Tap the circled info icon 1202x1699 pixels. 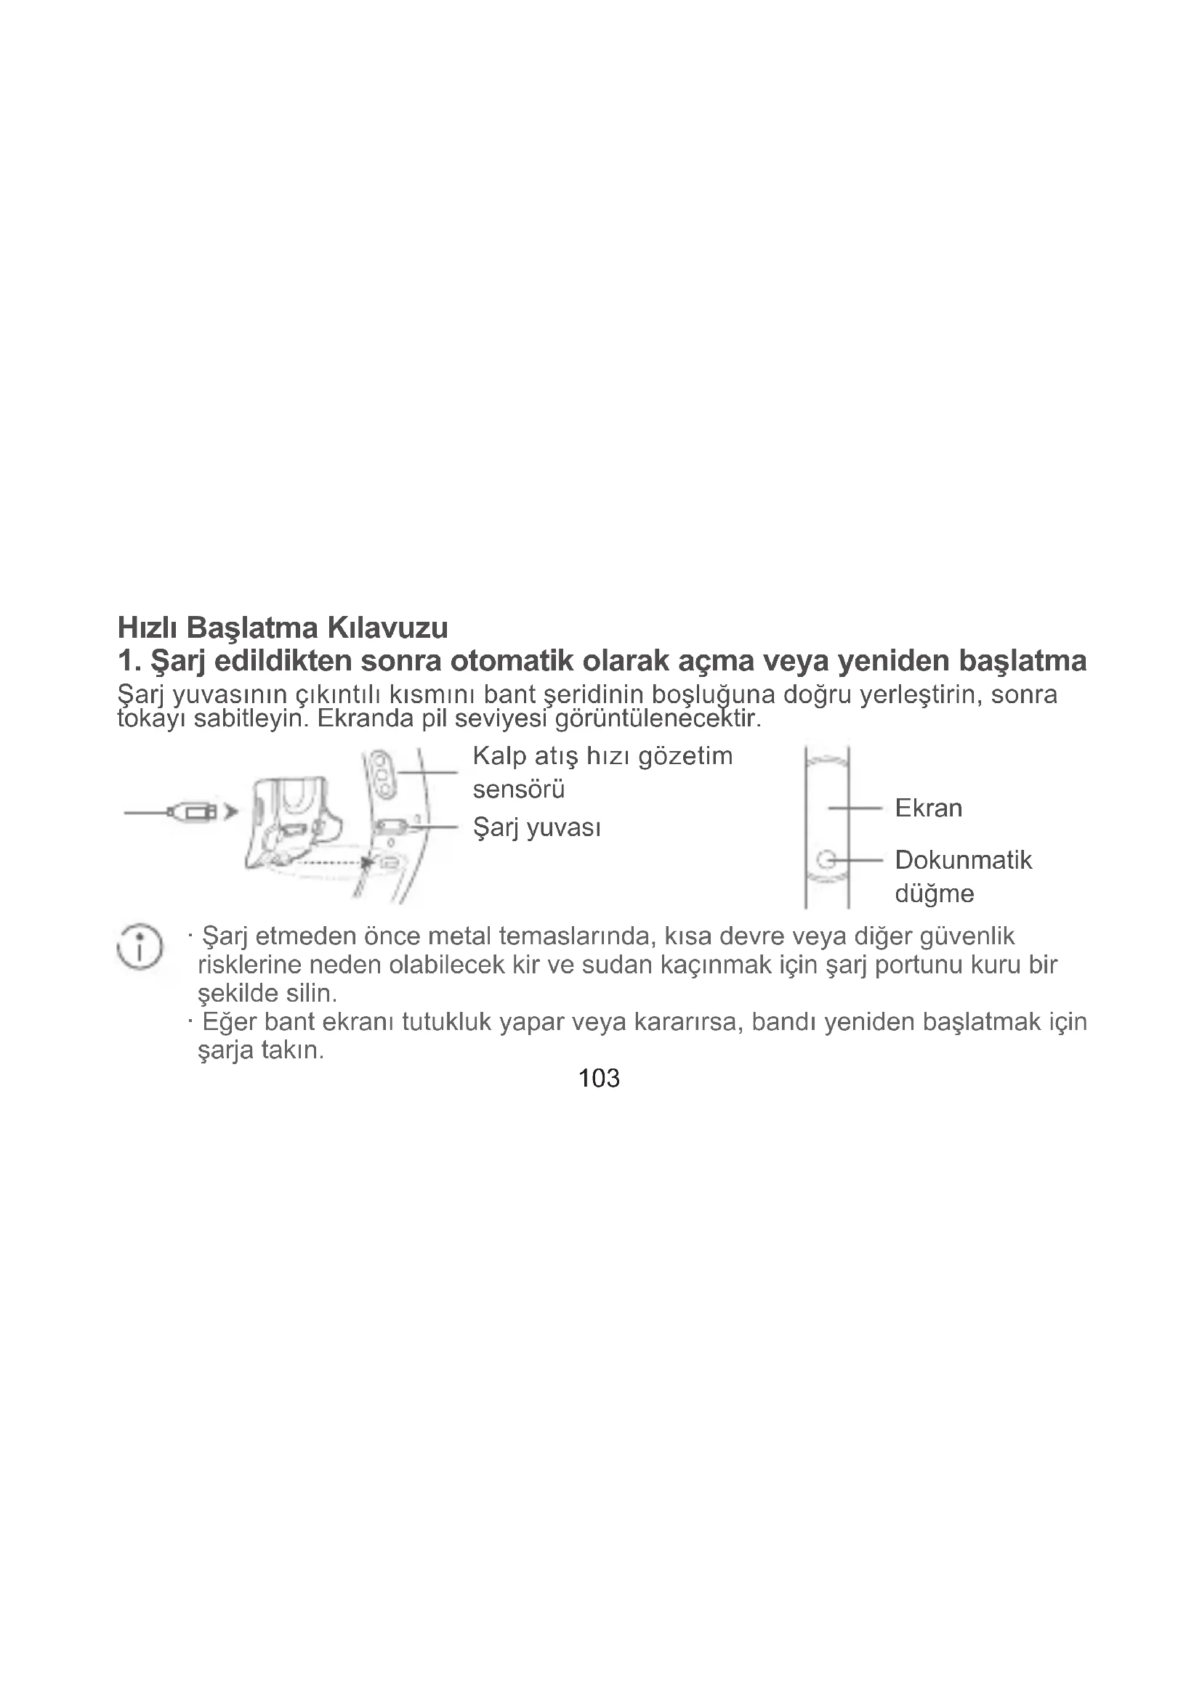[x=139, y=947]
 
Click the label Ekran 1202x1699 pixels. [x=928, y=808]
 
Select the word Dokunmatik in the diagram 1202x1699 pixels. [x=963, y=860]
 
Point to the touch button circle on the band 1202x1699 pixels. [x=827, y=860]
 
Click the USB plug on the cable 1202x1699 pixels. [x=194, y=812]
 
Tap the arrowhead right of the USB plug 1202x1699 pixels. [x=232, y=812]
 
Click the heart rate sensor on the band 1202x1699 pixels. [x=384, y=774]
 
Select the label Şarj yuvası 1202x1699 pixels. [x=536, y=827]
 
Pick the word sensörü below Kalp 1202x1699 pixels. [x=518, y=790]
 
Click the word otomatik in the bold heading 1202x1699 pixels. [x=511, y=660]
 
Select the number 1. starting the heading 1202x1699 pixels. [x=129, y=660]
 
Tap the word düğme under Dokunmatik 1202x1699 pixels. [x=934, y=894]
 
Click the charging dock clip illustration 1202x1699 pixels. [x=292, y=822]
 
